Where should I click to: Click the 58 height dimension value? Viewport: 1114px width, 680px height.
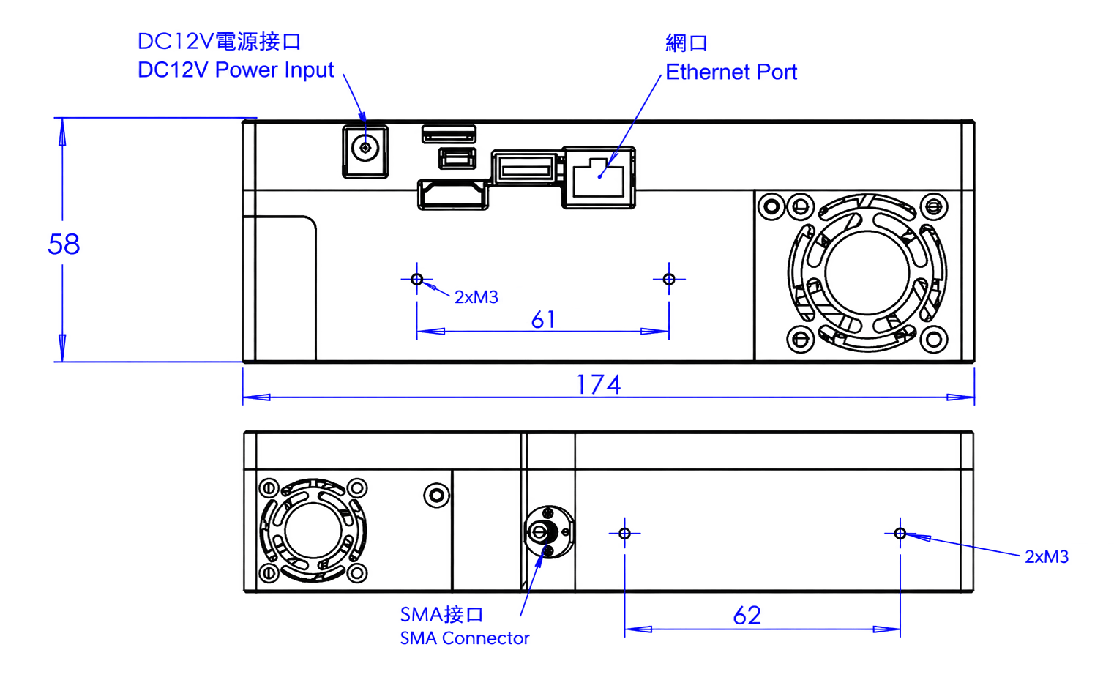click(x=64, y=244)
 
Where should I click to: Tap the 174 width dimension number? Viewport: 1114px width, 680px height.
click(x=598, y=384)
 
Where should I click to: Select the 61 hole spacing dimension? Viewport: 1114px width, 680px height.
click(x=543, y=319)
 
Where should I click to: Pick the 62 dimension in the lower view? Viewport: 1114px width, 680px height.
click(x=747, y=616)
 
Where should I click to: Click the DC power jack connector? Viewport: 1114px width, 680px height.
click(x=365, y=152)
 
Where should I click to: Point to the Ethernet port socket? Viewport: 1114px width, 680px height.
click(x=599, y=178)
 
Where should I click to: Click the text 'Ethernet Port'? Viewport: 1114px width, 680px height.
click(x=731, y=72)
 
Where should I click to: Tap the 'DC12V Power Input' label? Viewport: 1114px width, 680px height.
click(x=235, y=70)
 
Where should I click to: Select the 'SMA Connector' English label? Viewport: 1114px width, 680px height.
click(x=465, y=638)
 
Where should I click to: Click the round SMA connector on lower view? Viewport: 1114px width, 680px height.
click(x=548, y=532)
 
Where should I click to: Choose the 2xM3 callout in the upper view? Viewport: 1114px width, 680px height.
click(x=476, y=297)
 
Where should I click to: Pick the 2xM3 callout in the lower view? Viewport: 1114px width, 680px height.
click(x=1047, y=556)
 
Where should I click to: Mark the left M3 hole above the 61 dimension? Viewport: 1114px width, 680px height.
click(x=416, y=279)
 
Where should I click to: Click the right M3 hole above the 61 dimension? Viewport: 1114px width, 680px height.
click(x=669, y=279)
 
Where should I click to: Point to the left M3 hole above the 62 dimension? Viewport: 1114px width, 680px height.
click(x=624, y=534)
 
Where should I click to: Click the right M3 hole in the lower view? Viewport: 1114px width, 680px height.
click(x=900, y=534)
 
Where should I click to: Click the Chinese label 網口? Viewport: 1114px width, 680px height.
click(x=686, y=43)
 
